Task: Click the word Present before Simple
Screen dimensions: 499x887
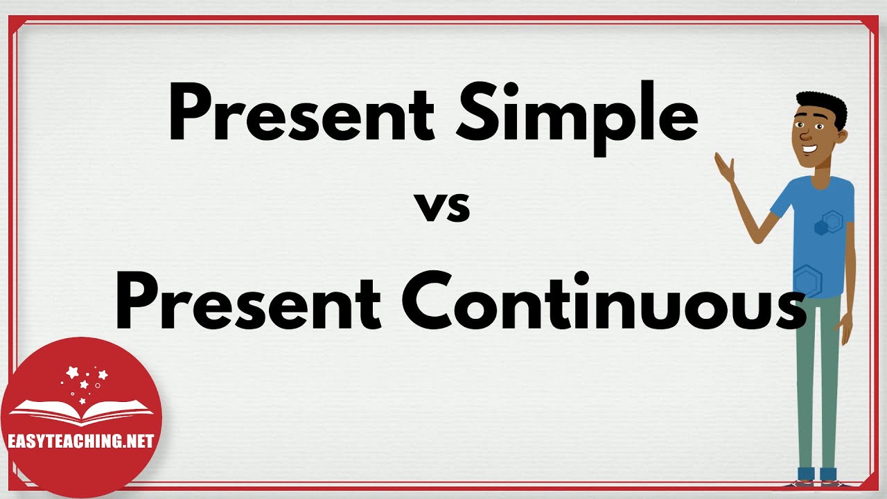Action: [301, 114]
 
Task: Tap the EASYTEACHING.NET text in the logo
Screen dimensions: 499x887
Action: [80, 441]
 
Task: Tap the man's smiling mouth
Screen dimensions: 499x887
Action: [809, 148]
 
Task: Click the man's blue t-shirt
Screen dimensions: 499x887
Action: [818, 236]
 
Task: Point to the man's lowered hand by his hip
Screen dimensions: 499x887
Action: [845, 329]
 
